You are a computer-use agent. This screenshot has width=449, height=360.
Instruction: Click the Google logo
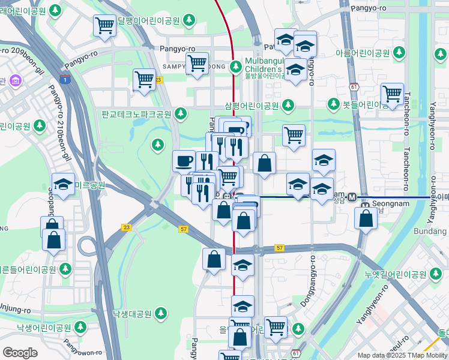click(20, 353)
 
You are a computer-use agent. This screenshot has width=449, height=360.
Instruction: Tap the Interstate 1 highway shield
click(64, 77)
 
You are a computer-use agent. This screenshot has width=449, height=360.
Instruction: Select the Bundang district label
click(431, 232)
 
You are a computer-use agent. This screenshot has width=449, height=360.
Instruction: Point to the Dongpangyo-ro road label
click(312, 281)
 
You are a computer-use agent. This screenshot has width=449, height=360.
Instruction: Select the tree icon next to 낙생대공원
click(160, 313)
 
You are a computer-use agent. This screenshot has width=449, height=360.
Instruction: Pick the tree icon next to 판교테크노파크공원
click(181, 113)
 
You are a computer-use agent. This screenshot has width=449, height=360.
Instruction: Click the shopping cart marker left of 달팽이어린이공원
click(104, 25)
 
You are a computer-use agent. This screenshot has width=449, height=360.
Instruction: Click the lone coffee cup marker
click(184, 160)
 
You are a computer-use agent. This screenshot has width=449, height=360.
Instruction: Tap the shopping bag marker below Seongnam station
click(366, 217)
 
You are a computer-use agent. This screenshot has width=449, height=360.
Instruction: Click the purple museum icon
click(15, 80)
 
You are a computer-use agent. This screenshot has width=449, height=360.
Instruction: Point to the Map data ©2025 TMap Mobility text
click(402, 355)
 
